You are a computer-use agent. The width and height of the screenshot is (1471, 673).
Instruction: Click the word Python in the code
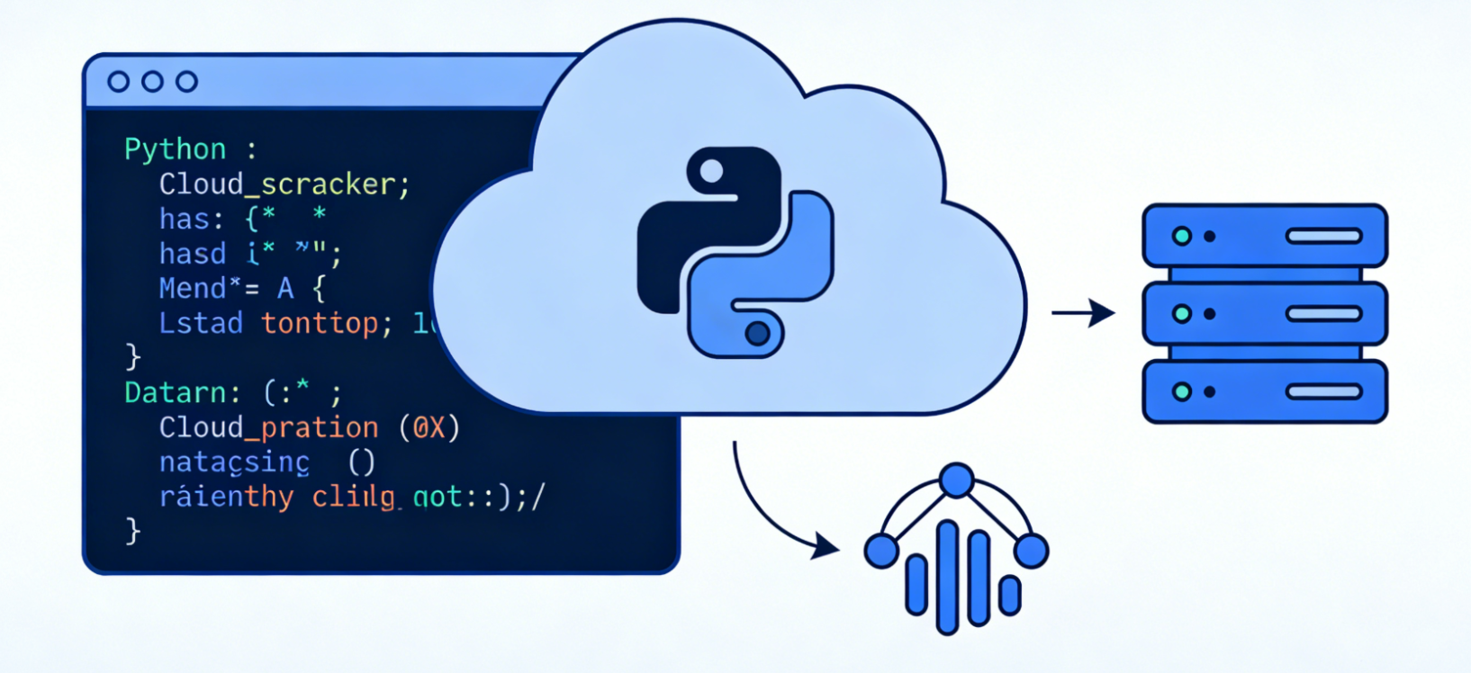[x=175, y=149]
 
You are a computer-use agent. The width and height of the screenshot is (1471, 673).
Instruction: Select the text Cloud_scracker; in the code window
[x=284, y=184]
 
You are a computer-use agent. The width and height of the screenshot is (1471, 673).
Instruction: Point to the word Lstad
[x=201, y=323]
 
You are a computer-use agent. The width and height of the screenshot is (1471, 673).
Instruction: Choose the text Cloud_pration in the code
[x=268, y=427]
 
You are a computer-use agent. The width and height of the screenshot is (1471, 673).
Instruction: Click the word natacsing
[x=234, y=462]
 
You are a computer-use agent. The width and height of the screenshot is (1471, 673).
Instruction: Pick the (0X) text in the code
[x=429, y=427]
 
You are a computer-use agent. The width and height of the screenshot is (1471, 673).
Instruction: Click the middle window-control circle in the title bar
[x=152, y=82]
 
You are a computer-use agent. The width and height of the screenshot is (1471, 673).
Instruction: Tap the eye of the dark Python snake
[x=711, y=171]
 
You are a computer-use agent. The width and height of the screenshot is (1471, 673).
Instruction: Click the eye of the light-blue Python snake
[x=758, y=334]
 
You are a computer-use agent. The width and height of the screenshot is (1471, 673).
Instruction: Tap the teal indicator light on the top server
[x=1182, y=237]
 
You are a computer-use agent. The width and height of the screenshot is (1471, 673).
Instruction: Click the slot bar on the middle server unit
[x=1323, y=314]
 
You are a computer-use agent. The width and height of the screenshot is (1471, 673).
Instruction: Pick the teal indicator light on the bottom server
[x=1182, y=392]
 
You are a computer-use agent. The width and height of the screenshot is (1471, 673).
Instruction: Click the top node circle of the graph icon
[x=956, y=480]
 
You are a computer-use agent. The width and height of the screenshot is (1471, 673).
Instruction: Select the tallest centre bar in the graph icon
[x=947, y=576]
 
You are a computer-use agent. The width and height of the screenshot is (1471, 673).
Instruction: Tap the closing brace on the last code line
[x=133, y=531]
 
